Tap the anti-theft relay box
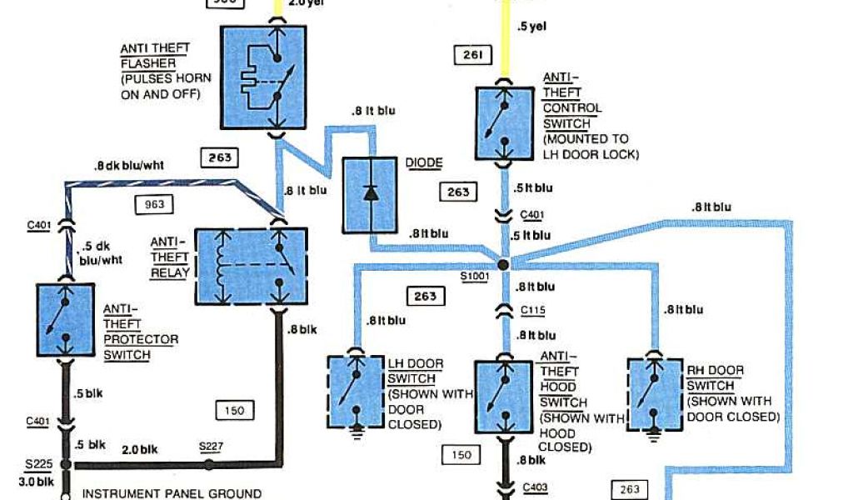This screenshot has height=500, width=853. [x=251, y=265]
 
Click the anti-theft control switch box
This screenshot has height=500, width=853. [x=504, y=122]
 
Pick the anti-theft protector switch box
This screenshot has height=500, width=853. [x=66, y=320]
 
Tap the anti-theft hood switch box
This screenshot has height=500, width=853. [x=505, y=395]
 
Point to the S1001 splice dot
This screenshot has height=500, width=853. [x=503, y=264]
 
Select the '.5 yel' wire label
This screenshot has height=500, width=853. [x=531, y=27]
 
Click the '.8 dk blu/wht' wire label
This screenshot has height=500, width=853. [x=129, y=165]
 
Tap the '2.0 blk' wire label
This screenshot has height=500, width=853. [x=140, y=449]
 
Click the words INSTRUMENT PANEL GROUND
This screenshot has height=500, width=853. [x=172, y=493]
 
